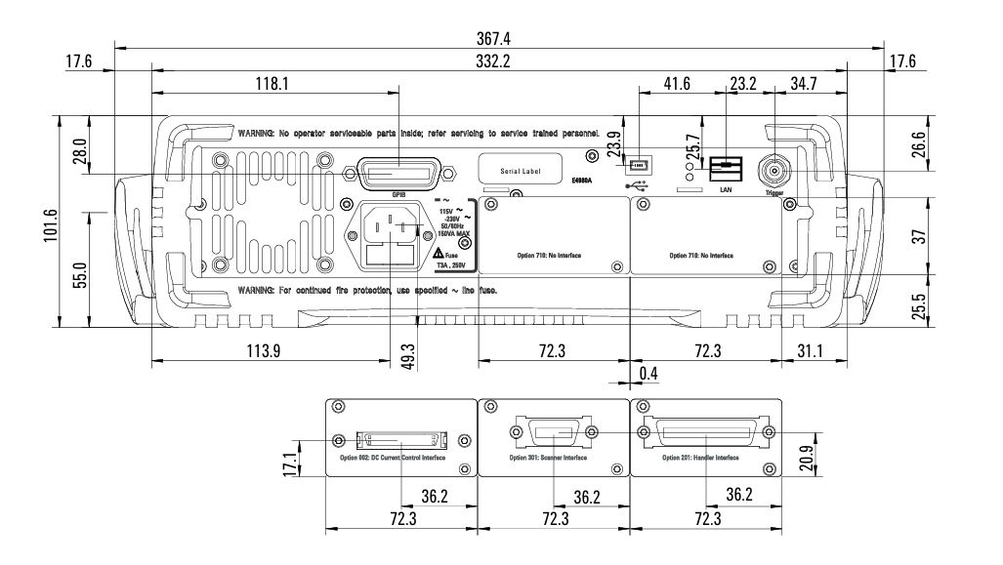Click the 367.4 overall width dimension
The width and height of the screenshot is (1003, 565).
[498, 38]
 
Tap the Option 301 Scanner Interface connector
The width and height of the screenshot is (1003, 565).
[553, 433]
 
